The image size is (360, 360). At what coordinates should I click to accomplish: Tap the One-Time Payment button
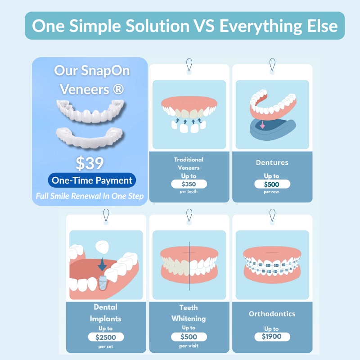[x=92, y=180]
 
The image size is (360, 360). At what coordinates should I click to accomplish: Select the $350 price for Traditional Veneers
[x=189, y=184]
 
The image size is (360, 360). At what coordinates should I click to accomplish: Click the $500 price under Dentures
[x=272, y=184]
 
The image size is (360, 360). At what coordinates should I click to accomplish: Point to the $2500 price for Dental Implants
[x=106, y=337]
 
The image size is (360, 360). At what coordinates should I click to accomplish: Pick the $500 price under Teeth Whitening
[x=189, y=337]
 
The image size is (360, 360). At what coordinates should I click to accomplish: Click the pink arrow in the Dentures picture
[x=262, y=125]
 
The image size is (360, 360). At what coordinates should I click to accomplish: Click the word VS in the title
[x=202, y=25]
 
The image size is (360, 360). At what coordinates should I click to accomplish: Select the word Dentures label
[x=272, y=162]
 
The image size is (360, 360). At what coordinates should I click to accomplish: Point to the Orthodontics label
[x=272, y=314]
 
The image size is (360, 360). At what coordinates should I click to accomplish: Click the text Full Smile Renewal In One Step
[x=90, y=196]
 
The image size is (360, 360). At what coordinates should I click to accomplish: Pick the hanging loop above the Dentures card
[x=272, y=64]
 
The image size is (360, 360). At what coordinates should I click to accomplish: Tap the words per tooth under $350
[x=189, y=192]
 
